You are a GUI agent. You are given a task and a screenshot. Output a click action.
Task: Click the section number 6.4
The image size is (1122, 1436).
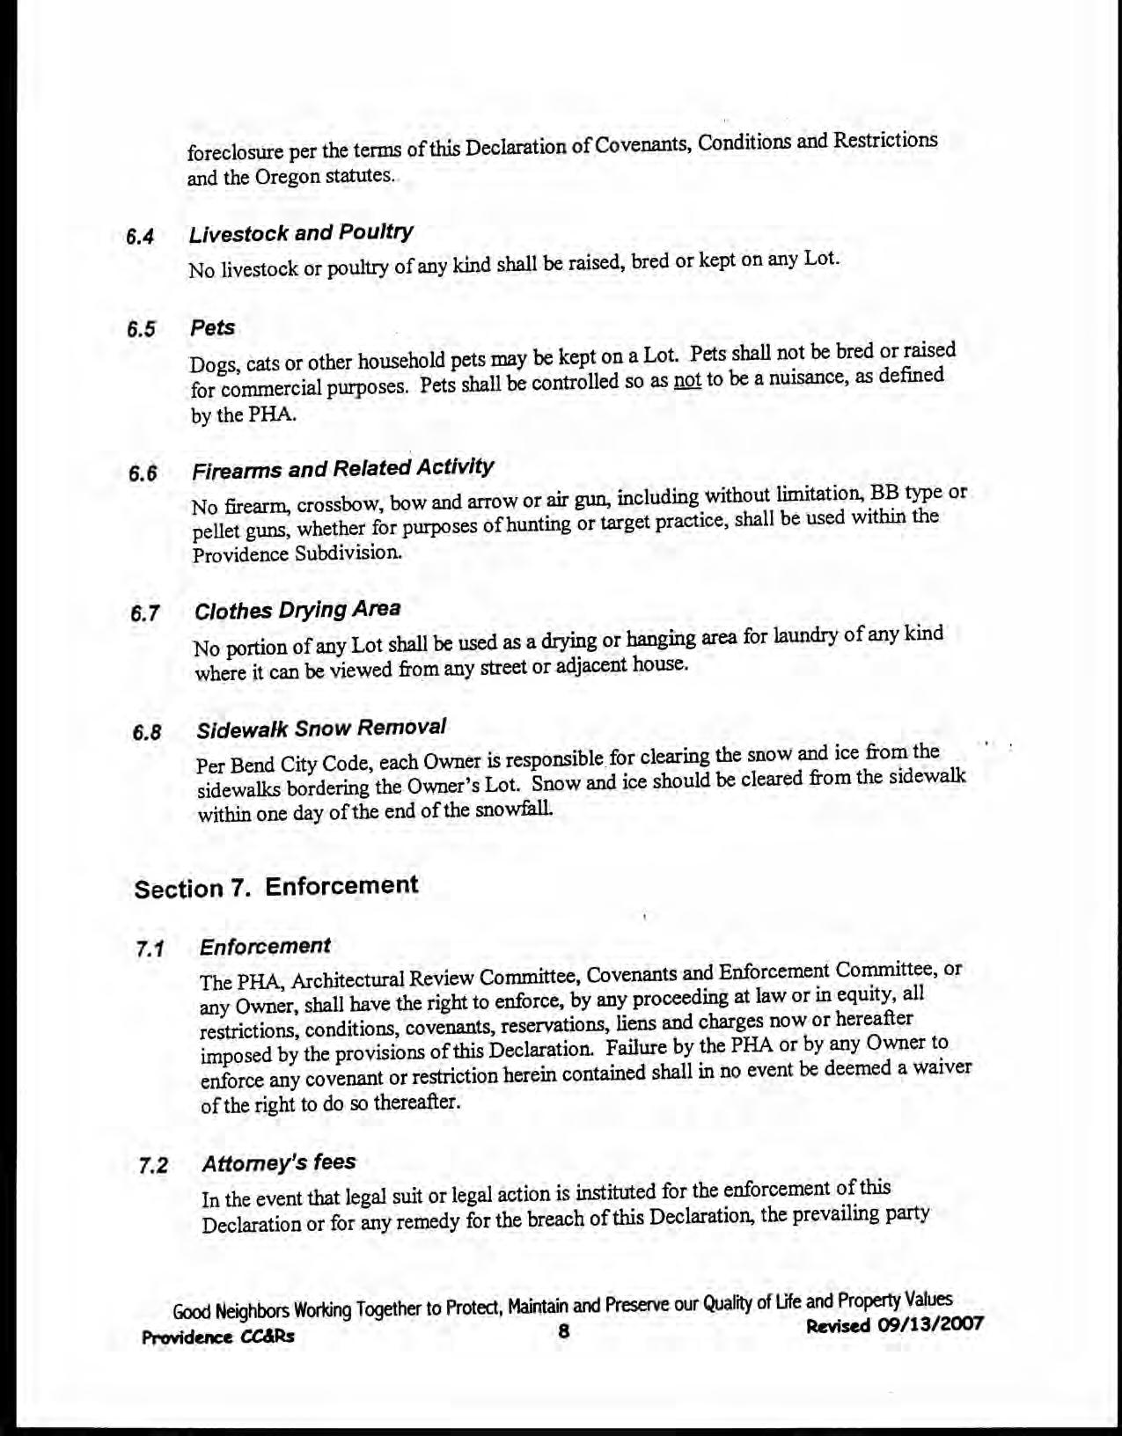pyautogui.click(x=140, y=237)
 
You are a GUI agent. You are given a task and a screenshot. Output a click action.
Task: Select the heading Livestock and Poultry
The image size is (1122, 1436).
pyautogui.click(x=301, y=233)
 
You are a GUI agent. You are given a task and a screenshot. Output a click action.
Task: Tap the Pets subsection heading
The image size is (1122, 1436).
pyautogui.click(x=213, y=328)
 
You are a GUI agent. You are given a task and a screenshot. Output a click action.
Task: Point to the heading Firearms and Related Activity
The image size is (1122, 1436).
pyautogui.click(x=343, y=468)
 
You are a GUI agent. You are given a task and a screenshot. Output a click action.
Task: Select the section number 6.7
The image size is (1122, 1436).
pyautogui.click(x=144, y=613)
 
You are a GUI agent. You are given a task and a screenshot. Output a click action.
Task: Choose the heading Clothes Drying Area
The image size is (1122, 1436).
pyautogui.click(x=297, y=610)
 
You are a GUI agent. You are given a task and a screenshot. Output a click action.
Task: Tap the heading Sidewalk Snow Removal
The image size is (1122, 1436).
pyautogui.click(x=321, y=729)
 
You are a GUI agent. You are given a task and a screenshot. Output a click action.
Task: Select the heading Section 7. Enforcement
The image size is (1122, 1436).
pyautogui.click(x=276, y=886)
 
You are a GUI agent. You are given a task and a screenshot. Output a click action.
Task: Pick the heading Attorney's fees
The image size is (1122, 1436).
pyautogui.click(x=279, y=1162)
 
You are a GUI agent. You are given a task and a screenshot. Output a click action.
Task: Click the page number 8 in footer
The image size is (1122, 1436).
pyautogui.click(x=564, y=1331)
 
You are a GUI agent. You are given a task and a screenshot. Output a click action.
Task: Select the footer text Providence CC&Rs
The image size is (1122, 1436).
pyautogui.click(x=218, y=1337)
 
